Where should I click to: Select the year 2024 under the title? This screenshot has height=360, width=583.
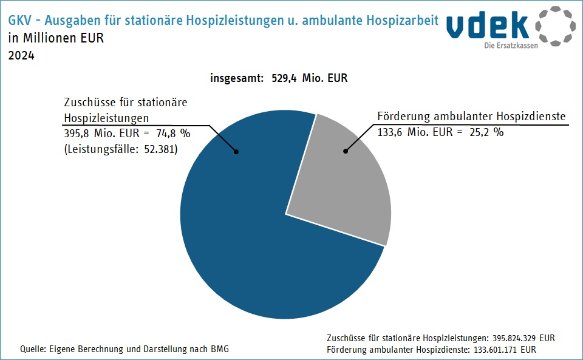pyautogui.click(x=21, y=56)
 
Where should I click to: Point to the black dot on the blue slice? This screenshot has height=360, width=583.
pyautogui.click(x=236, y=152)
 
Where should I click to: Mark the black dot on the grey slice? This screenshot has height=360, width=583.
pyautogui.click(x=346, y=150)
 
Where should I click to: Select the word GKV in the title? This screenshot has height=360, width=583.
pyautogui.click(x=20, y=21)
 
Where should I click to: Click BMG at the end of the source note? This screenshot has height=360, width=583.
pyautogui.click(x=220, y=349)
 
